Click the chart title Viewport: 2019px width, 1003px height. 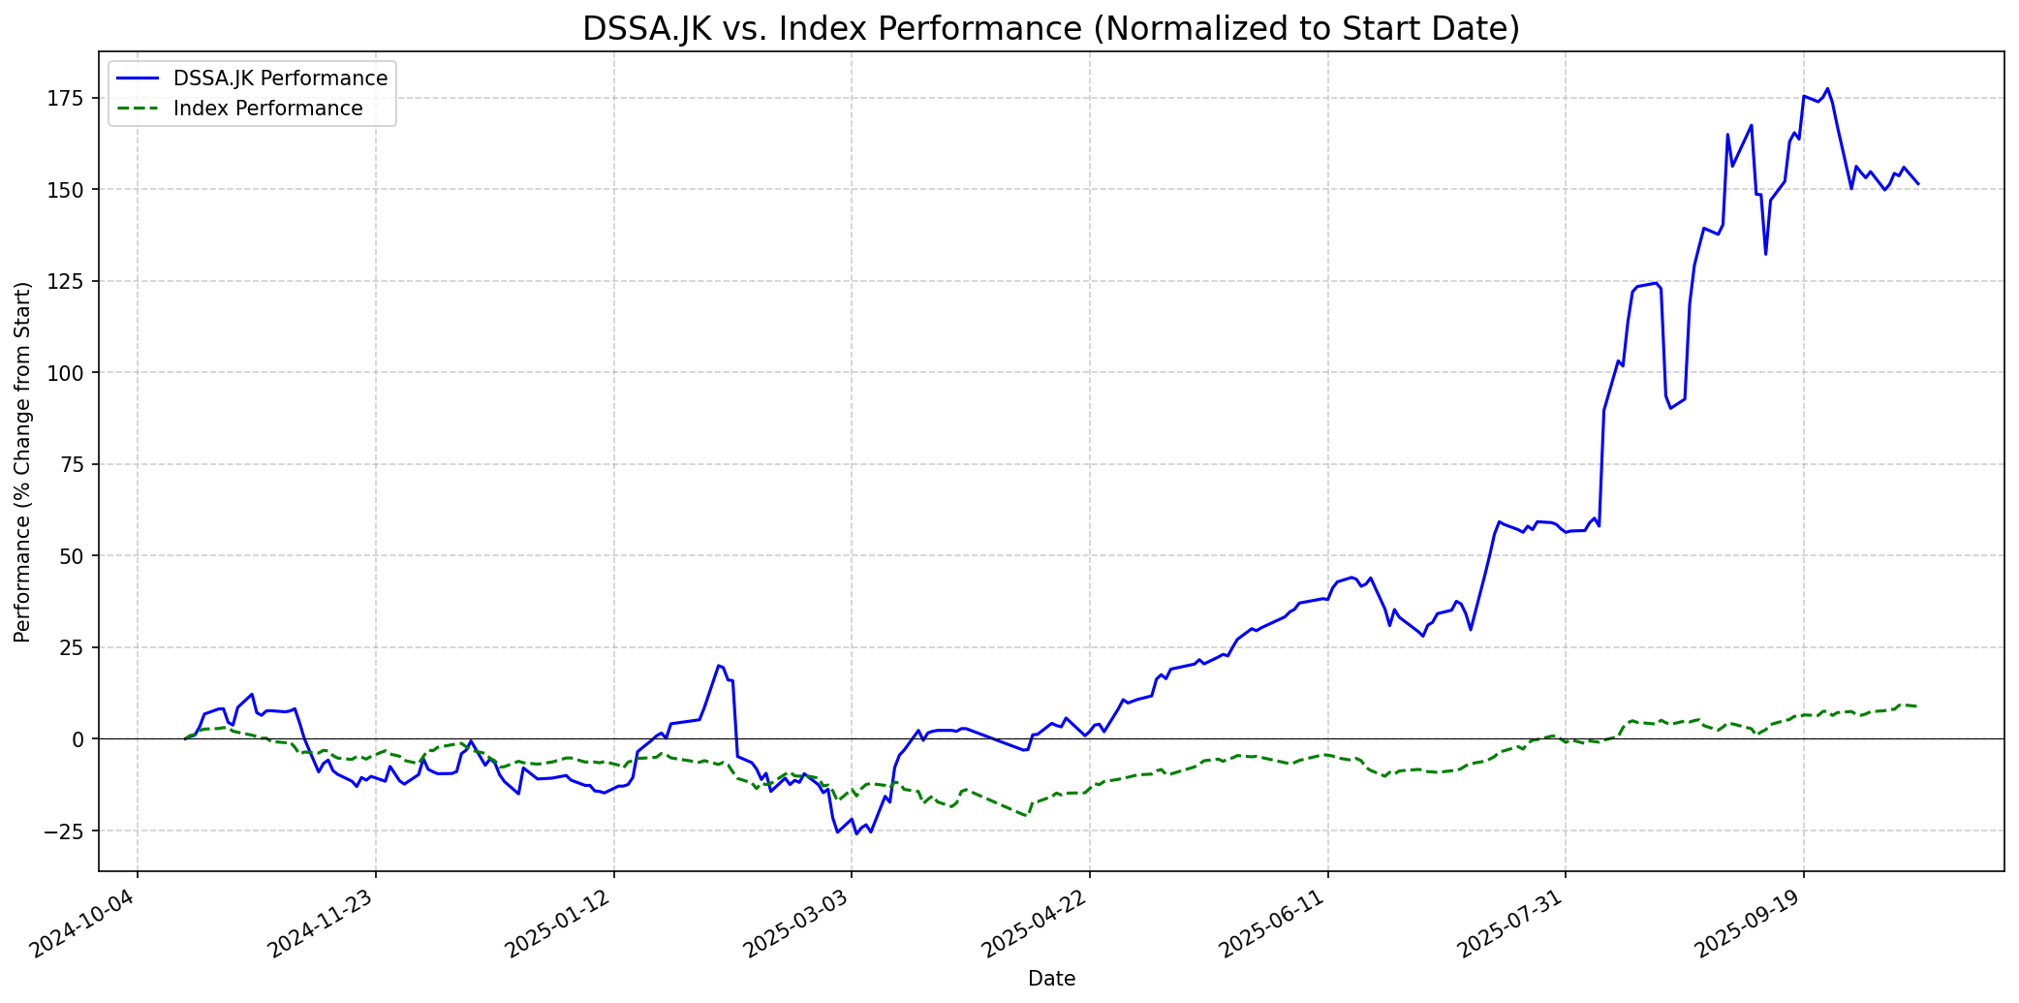[x=1050, y=29]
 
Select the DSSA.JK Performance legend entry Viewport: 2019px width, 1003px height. [x=280, y=78]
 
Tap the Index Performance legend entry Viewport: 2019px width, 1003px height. [x=267, y=109]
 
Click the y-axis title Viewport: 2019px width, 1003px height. [x=23, y=461]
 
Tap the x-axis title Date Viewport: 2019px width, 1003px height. [x=1051, y=979]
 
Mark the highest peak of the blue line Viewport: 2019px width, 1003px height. [x=1827, y=88]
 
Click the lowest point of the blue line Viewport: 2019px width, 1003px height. [x=856, y=833]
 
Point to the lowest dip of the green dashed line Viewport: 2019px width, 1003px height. [x=1024, y=816]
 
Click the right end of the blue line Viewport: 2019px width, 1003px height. [x=1917, y=183]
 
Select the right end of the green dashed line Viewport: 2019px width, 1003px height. [x=1917, y=706]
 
